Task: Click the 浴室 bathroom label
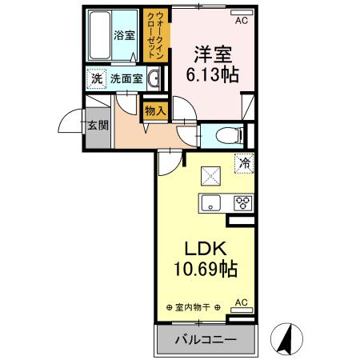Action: (123, 35)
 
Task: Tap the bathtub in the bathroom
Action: (99, 35)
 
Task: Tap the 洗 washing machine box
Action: (95, 78)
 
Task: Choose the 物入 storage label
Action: (155, 110)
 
